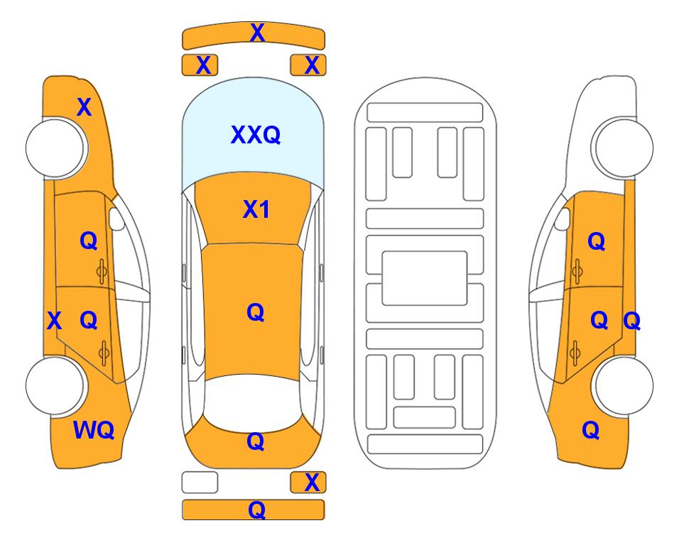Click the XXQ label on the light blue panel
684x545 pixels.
point(256,135)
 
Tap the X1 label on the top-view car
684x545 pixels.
point(256,209)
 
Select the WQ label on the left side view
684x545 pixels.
point(94,430)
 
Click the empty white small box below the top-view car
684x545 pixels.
point(200,483)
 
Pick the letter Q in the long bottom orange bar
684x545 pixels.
point(256,510)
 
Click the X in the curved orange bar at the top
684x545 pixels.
point(257,33)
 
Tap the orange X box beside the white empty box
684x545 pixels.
point(308,483)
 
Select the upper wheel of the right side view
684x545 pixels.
point(624,148)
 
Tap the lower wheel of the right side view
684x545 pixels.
point(624,385)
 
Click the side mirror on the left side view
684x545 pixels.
point(116,219)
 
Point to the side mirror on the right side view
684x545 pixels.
point(562,219)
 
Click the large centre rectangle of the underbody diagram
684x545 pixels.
point(425,278)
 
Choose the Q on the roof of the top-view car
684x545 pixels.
point(255,312)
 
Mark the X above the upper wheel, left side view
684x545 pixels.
point(85,107)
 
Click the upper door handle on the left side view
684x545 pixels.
point(102,271)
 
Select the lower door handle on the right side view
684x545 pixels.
point(575,353)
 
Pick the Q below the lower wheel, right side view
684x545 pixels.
point(591,430)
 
